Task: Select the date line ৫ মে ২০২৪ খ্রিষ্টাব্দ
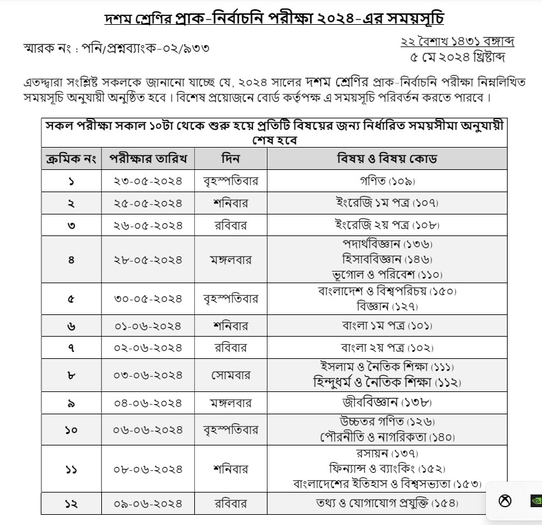coord(457,57)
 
